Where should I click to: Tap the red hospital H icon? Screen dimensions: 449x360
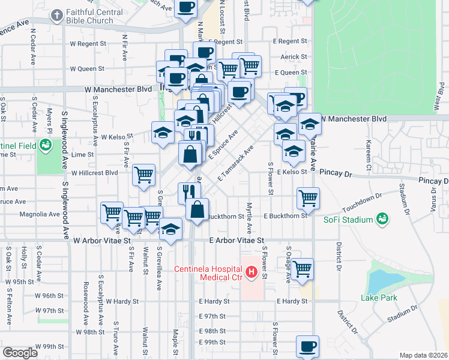[252, 274]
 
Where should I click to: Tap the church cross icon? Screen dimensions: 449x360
[57, 15]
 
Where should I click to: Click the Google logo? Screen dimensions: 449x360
[20, 353]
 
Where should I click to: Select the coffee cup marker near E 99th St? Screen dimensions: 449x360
[307, 346]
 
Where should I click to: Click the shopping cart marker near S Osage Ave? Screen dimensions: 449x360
[303, 268]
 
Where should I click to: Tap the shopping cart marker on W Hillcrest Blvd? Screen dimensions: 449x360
[143, 175]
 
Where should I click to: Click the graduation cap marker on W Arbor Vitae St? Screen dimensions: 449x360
[170, 229]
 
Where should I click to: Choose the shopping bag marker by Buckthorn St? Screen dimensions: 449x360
[197, 209]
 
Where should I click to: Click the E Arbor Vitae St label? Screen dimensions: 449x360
[237, 240]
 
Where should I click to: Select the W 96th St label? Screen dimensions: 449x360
[49, 296]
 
